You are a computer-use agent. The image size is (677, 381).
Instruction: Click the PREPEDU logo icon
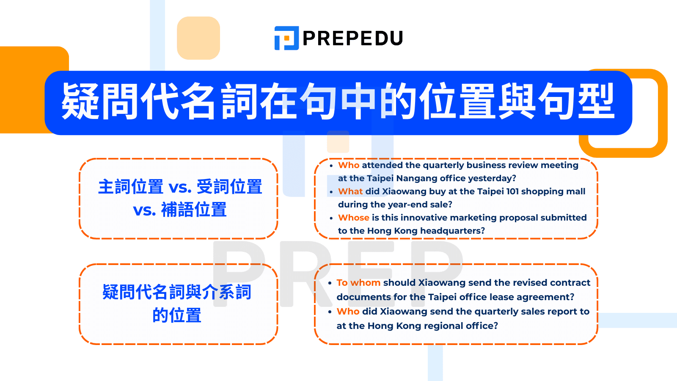pos(286,38)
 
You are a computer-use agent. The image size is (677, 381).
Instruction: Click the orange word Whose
pos(354,218)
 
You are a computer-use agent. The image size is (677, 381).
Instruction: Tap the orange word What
pos(350,191)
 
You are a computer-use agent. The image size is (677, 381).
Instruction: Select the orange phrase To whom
pos(358,283)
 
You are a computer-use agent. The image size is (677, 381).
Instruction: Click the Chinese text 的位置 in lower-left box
pos(177,315)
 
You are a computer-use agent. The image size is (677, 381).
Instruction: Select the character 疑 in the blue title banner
pos(80,102)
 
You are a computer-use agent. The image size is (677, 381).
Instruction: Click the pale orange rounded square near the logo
pos(198,38)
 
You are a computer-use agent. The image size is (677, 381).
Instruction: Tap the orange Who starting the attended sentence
pos(349,165)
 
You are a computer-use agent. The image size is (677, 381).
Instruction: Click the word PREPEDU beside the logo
pos(352,39)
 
